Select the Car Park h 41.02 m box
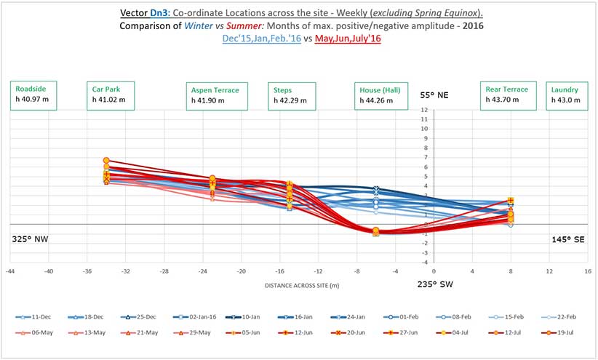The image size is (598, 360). coord(108,95)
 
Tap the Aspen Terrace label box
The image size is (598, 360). coord(217,95)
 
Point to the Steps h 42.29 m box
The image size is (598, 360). coord(291,95)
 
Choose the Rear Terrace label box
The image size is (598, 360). coord(508,95)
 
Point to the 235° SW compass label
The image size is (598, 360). coord(435,284)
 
